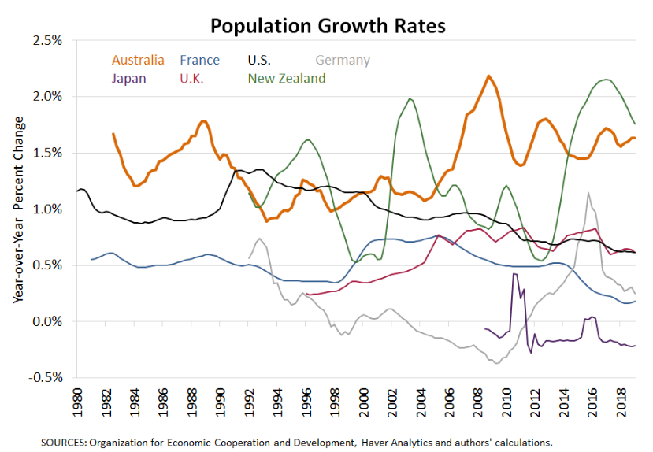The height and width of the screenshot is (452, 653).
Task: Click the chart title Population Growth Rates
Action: pos(327,25)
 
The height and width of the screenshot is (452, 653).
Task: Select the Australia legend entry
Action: pos(138,60)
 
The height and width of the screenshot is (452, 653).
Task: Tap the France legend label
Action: pos(199,60)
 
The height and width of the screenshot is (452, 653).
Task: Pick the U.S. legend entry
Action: pos(260,60)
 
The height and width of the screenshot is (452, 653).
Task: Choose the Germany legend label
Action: pos(342,60)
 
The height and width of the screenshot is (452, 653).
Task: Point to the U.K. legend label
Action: pos(193,78)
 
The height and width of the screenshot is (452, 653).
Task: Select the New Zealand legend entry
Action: pos(287,78)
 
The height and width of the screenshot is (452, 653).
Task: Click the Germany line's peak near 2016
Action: pos(588,192)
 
